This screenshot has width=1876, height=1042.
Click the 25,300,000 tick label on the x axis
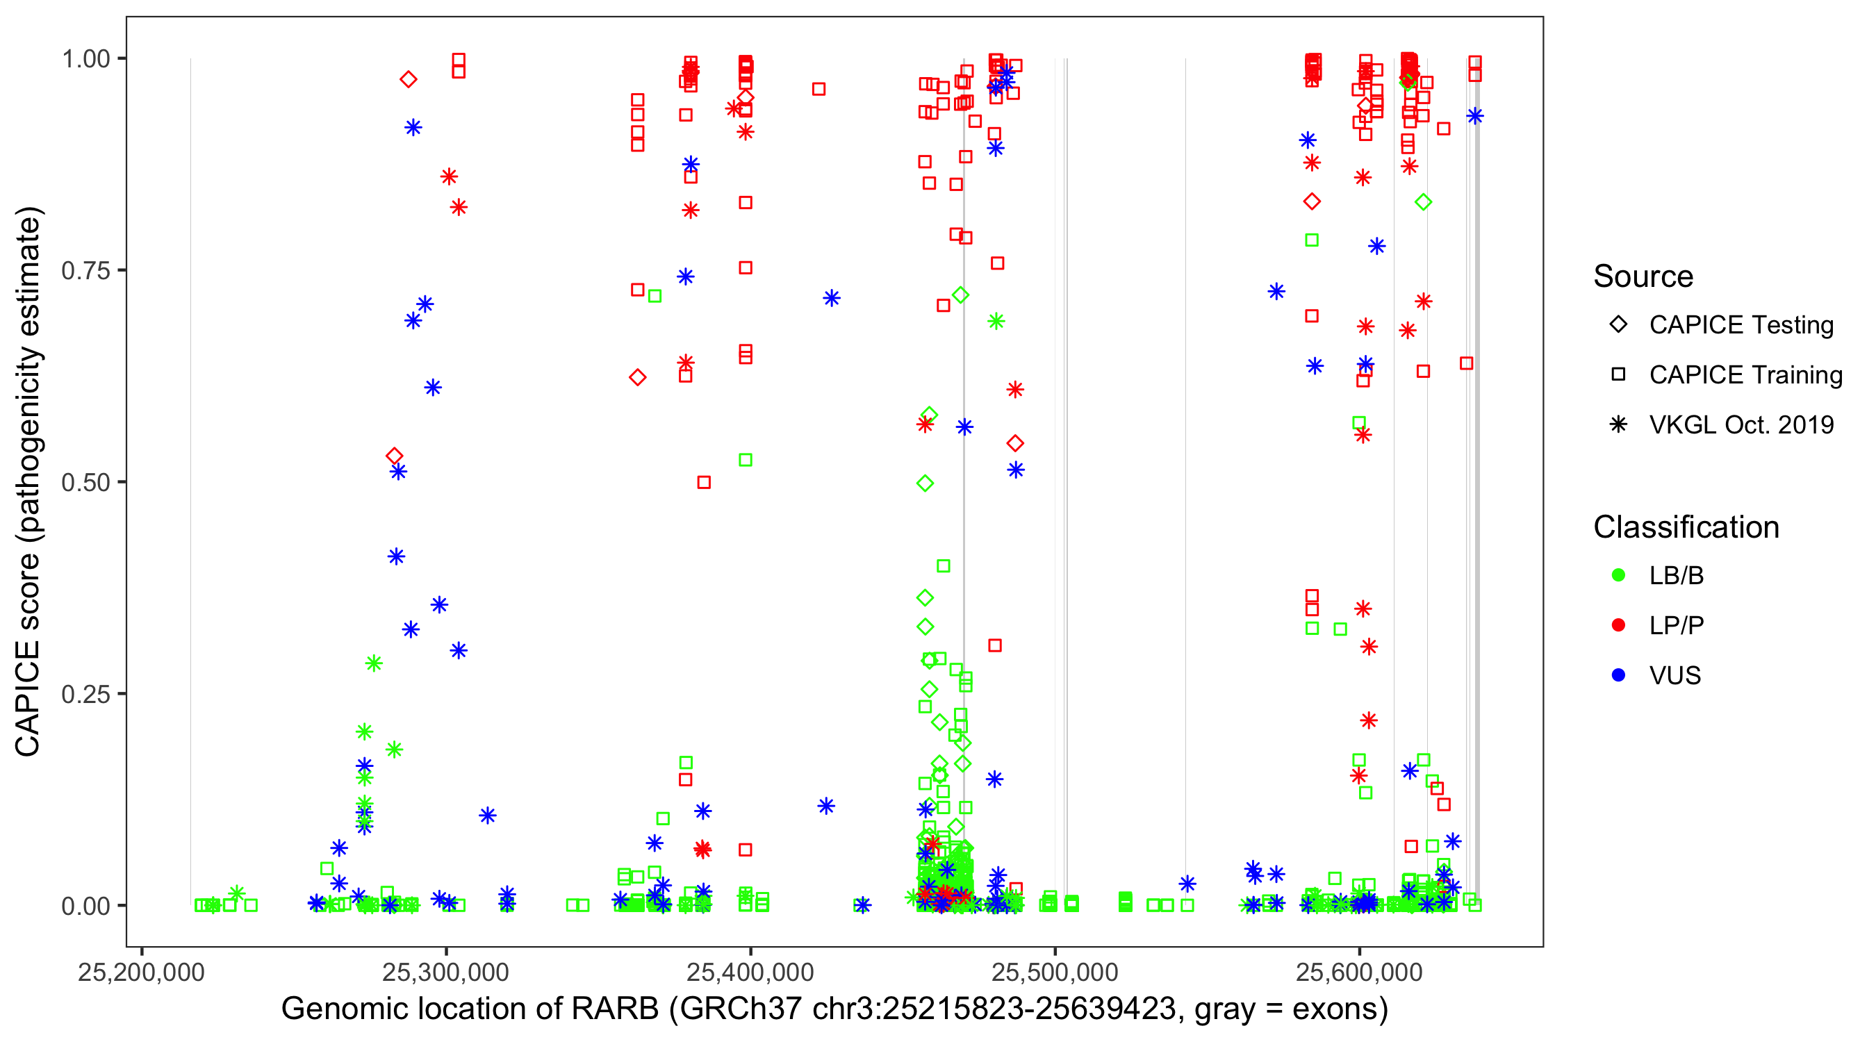pos(445,972)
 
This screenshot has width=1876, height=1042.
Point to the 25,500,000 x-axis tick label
pos(1055,972)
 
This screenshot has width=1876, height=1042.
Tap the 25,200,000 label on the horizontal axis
pos(141,972)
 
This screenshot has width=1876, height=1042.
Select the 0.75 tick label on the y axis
pos(85,271)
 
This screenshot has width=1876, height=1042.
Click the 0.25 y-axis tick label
pos(85,694)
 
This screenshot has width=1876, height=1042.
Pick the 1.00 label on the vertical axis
pos(85,59)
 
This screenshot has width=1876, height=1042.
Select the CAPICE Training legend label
pos(1745,375)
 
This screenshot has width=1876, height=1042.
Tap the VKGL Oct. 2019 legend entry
pos(1741,425)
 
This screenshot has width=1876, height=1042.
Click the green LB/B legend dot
pos(1618,575)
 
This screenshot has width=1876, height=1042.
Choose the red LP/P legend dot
pos(1618,625)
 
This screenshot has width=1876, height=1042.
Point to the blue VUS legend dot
pos(1618,676)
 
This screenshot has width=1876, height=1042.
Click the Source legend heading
pos(1643,276)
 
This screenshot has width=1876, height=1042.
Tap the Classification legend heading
pos(1686,527)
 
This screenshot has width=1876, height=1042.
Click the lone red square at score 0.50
pos(703,482)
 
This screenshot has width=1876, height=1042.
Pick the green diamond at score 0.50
pos(925,483)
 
